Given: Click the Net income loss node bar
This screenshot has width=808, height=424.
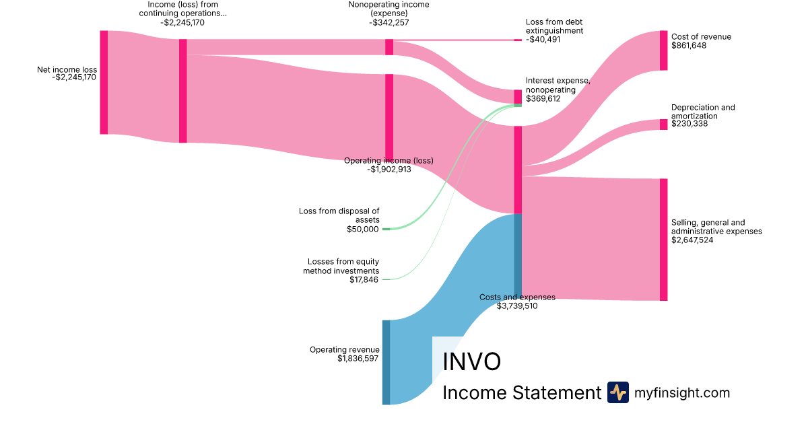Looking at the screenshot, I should (104, 82).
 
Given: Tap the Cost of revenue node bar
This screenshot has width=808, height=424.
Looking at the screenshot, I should (663, 50).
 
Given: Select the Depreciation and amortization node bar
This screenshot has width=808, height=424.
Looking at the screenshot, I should (663, 125).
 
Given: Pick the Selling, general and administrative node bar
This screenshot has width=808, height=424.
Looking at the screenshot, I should (663, 240).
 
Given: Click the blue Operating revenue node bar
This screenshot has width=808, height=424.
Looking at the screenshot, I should (386, 362).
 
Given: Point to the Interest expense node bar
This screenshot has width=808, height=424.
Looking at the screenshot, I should (518, 96).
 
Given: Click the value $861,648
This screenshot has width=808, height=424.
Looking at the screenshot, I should (689, 46).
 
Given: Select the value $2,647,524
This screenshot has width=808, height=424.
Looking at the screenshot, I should (696, 240).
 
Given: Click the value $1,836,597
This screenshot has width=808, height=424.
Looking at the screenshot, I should (358, 359).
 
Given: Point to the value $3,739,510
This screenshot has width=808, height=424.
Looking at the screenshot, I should (517, 306).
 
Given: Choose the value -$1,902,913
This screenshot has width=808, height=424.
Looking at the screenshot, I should (389, 170).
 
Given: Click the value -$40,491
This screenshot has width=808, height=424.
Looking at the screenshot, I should (543, 40).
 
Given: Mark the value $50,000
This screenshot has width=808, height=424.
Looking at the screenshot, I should (363, 229).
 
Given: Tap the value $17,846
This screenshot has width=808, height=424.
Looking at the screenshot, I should (364, 279).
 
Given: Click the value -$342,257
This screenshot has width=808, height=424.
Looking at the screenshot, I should (389, 22).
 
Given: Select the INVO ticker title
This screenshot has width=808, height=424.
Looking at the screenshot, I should (471, 361).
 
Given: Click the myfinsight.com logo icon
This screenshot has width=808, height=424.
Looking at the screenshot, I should (617, 392).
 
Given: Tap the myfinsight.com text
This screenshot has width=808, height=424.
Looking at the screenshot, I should (682, 392).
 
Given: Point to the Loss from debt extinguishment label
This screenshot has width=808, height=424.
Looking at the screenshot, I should (554, 26).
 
